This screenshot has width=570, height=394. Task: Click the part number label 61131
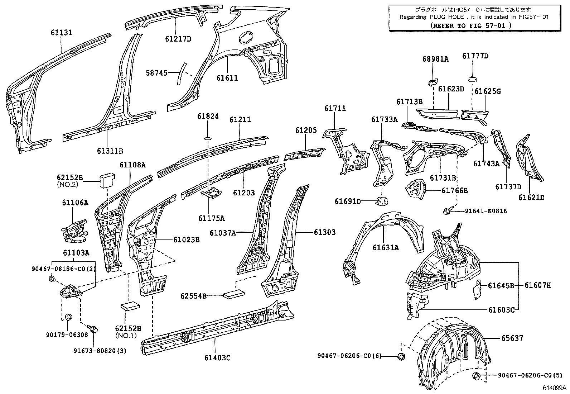tap(61, 33)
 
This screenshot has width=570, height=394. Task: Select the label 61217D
tap(178, 39)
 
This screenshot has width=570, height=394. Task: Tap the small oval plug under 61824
tap(209, 138)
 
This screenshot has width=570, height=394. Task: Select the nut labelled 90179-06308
tap(68, 317)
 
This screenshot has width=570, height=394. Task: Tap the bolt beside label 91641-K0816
tap(448, 212)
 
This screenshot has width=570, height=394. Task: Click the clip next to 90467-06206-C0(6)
tap(401, 356)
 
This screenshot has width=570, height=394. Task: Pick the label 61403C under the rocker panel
tap(217, 357)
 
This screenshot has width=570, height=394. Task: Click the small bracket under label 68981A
tap(433, 82)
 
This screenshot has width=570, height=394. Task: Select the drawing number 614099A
tap(554, 388)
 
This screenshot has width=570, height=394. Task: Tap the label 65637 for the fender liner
tap(513, 338)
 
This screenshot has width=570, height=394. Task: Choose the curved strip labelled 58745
tap(182, 74)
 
